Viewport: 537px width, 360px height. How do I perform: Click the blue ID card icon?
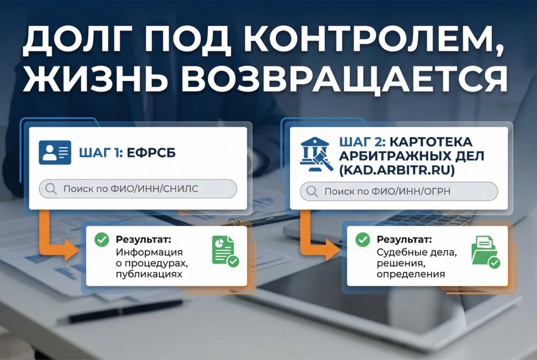pyautogui.click(x=55, y=152)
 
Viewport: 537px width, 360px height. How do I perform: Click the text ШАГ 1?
pyautogui.click(x=100, y=154)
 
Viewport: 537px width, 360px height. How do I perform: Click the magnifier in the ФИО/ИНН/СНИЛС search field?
pyautogui.click(x=51, y=189)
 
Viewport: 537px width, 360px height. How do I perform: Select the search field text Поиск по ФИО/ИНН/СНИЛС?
pyautogui.click(x=131, y=189)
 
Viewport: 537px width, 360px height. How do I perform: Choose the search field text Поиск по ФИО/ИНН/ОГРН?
pyautogui.click(x=388, y=192)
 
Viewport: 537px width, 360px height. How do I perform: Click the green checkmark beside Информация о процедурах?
pyautogui.click(x=101, y=240)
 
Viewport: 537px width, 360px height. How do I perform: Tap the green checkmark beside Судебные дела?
pyautogui.click(x=362, y=239)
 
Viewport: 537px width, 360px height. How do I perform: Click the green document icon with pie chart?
pyautogui.click(x=224, y=250)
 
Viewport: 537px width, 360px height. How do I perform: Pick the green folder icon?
pyautogui.click(x=485, y=251)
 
